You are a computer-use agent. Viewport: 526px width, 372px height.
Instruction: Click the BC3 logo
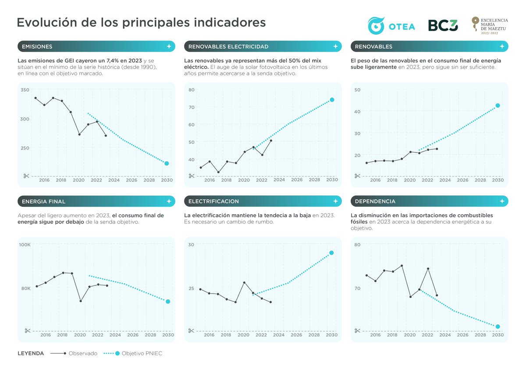click(x=443, y=26)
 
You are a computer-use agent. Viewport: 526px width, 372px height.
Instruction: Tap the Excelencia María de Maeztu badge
click(x=489, y=26)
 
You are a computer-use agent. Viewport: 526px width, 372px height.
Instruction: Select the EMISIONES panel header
click(x=37, y=46)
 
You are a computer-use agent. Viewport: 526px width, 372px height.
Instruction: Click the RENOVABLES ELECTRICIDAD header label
click(x=228, y=46)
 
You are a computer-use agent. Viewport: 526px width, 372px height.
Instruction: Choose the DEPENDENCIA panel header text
click(x=375, y=202)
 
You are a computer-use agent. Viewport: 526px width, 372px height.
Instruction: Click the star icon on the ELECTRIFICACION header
click(x=335, y=202)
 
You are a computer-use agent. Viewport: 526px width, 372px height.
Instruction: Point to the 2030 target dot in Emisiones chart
click(x=167, y=163)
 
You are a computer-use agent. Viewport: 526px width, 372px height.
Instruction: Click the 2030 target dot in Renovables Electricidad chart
click(x=332, y=100)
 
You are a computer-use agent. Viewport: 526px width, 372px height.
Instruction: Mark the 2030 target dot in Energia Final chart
click(x=168, y=301)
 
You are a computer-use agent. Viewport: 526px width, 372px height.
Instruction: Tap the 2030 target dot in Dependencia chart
click(x=498, y=326)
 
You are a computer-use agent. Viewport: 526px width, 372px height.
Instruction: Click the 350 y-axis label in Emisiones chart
click(x=25, y=90)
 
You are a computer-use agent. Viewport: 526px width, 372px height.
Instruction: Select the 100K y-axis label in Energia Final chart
click(x=25, y=244)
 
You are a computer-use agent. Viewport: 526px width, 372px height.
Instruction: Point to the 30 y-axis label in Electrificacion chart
click(x=191, y=244)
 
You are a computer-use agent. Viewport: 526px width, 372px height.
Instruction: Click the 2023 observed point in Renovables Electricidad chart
click(x=271, y=141)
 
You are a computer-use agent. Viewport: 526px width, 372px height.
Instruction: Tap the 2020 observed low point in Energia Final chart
click(x=81, y=301)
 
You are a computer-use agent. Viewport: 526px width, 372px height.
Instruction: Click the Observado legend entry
click(x=75, y=354)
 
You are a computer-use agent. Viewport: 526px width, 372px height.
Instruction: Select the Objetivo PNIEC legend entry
click(x=134, y=354)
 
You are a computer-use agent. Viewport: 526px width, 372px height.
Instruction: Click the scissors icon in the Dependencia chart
click(x=358, y=330)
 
